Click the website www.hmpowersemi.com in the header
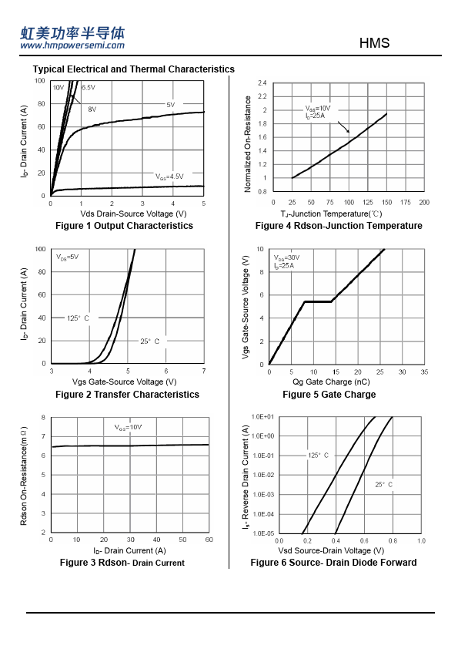pos(72,45)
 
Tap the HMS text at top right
pos(374,43)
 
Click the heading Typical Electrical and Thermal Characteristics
pos(133,69)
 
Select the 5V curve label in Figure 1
pos(171,105)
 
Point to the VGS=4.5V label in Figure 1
pos(169,177)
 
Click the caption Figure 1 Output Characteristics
pos(124,226)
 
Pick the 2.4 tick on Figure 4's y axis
pos(262,82)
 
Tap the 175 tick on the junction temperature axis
pos(406,203)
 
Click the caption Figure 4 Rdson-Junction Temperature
pos(339,226)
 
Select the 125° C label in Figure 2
pos(78,318)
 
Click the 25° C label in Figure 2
pos(149,341)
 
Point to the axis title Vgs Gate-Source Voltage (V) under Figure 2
pos(124,382)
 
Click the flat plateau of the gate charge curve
pos(318,301)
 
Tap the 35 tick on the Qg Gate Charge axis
pos(424,372)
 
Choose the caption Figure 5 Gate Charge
pos(329,395)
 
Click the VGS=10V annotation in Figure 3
pos(128,427)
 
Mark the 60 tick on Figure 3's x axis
pos(209,540)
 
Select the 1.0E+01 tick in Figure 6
pos(263,417)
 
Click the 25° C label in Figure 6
pos(383,485)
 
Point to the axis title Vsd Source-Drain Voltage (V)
pos(331,550)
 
